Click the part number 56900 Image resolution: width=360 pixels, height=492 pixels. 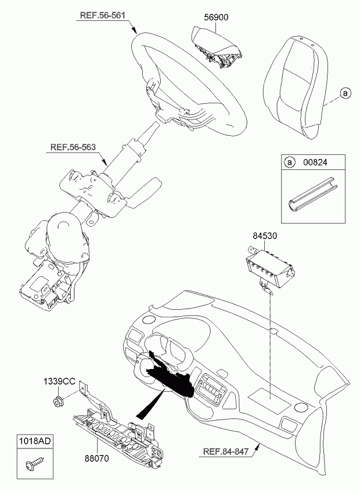tap(216, 17)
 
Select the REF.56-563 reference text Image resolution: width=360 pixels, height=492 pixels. tap(73, 147)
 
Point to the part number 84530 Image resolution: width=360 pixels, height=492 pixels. tap(265, 236)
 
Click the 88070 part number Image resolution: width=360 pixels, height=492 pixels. tap(96, 458)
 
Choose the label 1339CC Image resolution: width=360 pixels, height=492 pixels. tap(59, 381)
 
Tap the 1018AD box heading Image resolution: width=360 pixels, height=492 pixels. tap(35, 442)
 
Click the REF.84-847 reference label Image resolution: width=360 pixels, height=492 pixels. tap(226, 451)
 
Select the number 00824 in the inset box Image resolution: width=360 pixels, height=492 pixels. tap(315, 162)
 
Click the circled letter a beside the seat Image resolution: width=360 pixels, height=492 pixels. tap(345, 93)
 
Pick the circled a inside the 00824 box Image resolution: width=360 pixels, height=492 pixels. tap(289, 162)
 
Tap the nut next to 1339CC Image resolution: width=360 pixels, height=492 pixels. tap(58, 402)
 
